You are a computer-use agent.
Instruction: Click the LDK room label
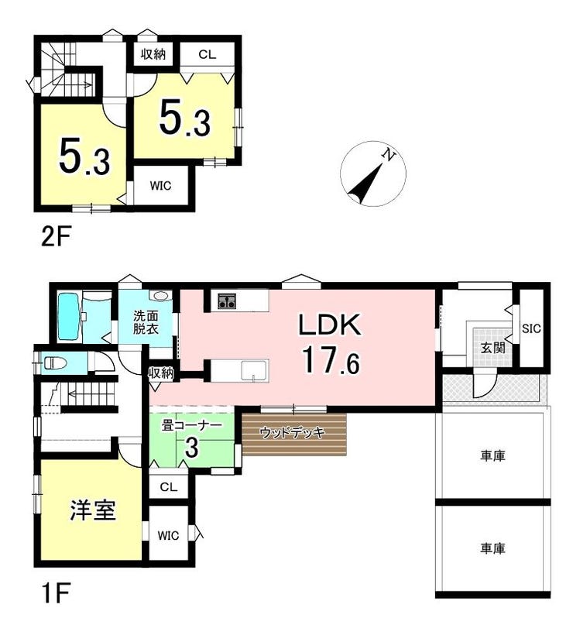pyautogui.click(x=329, y=325)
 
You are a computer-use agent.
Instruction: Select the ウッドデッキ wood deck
pyautogui.click(x=294, y=434)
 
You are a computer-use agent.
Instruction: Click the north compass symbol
pyautogui.click(x=373, y=173)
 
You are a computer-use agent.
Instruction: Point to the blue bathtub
pyautogui.click(x=68, y=318)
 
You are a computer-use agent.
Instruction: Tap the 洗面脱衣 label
pyautogui.click(x=146, y=322)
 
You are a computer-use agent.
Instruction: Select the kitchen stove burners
pyautogui.click(x=228, y=301)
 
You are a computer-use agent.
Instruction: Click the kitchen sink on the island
pyautogui.click(x=254, y=371)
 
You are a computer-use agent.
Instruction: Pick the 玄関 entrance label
pyautogui.click(x=493, y=348)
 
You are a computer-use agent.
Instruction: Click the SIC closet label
pyautogui.click(x=531, y=328)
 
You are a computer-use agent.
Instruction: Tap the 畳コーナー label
pyautogui.click(x=192, y=426)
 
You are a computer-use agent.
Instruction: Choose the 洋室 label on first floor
pyautogui.click(x=93, y=510)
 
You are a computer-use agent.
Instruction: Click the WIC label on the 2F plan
pyautogui.click(x=160, y=186)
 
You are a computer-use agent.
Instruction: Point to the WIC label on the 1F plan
pyautogui.click(x=168, y=536)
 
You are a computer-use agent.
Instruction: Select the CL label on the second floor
pyautogui.click(x=207, y=54)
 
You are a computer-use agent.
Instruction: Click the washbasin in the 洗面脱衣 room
pyautogui.click(x=161, y=296)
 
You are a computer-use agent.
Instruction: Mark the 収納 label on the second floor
pyautogui.click(x=153, y=54)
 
